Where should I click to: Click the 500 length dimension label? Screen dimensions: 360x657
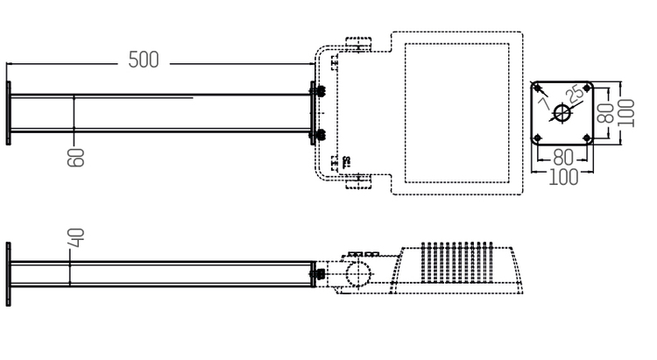click(x=144, y=60)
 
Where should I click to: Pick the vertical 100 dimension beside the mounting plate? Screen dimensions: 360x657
click(x=625, y=112)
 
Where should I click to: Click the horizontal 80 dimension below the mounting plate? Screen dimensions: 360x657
click(x=564, y=159)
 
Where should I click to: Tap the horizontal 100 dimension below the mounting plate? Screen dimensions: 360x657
click(x=564, y=177)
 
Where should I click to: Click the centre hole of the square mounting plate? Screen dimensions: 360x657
click(x=563, y=114)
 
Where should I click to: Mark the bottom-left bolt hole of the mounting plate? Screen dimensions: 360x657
click(x=539, y=138)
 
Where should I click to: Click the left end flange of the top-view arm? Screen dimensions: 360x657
click(x=9, y=114)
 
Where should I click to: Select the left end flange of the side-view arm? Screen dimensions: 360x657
click(x=9, y=272)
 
